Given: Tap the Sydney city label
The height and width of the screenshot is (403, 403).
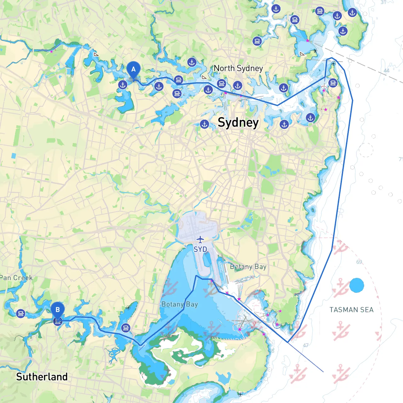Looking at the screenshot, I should tap(238, 122).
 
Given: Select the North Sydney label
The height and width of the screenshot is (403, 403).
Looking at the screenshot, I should tap(238, 68).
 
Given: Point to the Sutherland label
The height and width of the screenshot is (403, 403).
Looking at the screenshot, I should tap(42, 377).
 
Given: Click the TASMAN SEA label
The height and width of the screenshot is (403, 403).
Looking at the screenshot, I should tap(351, 310).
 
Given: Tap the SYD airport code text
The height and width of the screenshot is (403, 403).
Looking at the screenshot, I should tap(200, 249).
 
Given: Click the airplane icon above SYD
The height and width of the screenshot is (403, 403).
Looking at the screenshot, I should tap(200, 240).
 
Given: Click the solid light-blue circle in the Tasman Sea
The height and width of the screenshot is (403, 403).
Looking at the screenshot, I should tap(357, 285).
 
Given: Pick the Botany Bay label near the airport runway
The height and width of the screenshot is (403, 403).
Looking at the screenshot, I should tap(248, 267).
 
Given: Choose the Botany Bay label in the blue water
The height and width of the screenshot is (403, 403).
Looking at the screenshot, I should tap(179, 304).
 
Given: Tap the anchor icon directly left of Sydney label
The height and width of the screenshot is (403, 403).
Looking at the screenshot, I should tap(205, 124).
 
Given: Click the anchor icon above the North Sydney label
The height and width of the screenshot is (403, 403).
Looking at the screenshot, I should tap(192, 62).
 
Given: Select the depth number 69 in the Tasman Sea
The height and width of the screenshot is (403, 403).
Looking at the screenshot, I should tap(359, 262).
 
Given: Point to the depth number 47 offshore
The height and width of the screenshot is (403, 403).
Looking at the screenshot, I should tap(306, 345).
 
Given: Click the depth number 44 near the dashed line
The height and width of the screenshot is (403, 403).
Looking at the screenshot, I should tap(386, 71).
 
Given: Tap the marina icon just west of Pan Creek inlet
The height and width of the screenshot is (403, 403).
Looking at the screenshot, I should tap(21, 314).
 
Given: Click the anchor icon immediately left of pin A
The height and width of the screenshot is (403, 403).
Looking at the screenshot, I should tap(123, 85).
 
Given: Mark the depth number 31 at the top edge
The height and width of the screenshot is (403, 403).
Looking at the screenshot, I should tap(383, 2).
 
